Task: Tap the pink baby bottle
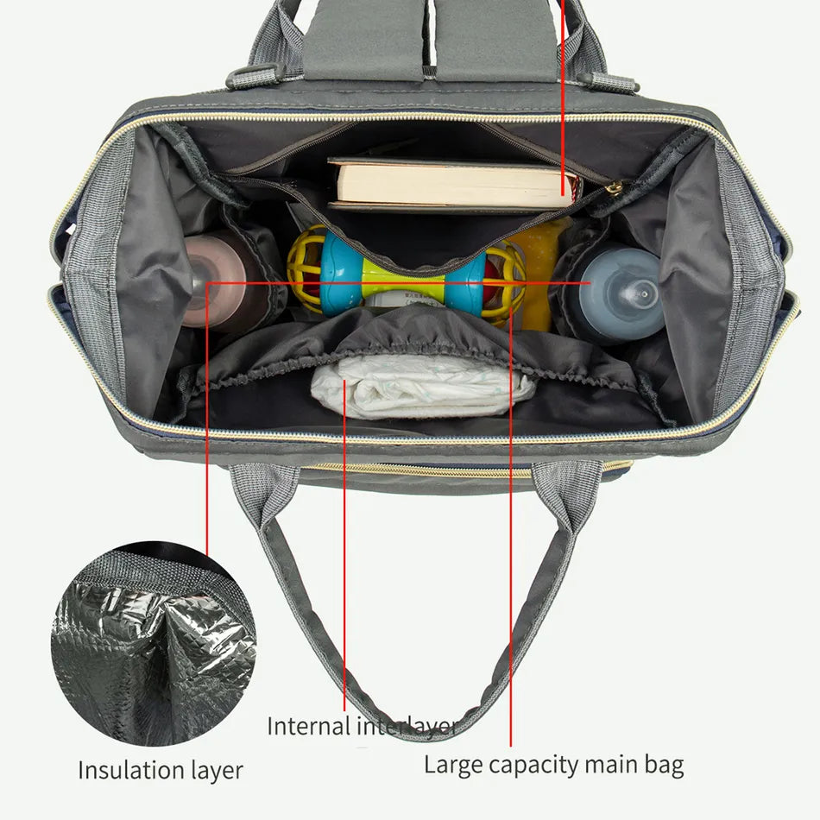tap(219, 282)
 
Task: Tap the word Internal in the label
tap(308, 726)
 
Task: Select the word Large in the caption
tap(453, 766)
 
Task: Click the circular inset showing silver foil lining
tap(154, 643)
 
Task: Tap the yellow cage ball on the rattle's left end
tap(306, 268)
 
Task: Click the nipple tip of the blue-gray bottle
tap(644, 293)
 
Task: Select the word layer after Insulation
tap(217, 772)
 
